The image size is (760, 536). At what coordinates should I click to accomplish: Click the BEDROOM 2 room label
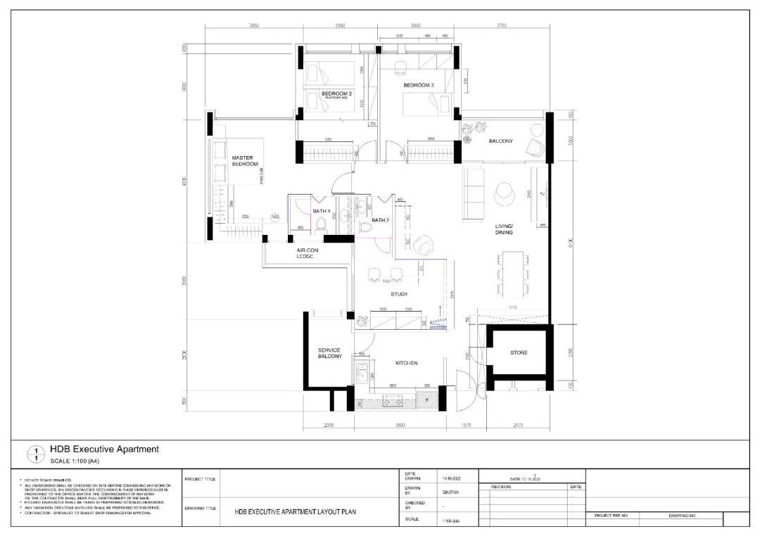[336, 94]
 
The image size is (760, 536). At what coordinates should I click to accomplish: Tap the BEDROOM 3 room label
[419, 86]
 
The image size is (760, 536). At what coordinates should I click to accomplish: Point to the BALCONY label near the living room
[501, 141]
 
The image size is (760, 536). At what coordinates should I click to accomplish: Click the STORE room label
[519, 353]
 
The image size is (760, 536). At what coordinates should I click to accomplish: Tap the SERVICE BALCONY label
[329, 353]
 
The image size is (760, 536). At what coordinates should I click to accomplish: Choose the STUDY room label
[399, 294]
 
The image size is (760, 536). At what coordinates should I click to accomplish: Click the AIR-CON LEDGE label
[310, 253]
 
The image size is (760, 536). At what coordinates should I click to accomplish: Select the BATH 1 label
[322, 212]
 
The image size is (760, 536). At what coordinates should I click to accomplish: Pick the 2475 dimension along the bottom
[518, 426]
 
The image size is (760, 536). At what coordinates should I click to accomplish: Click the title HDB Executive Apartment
[104, 449]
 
